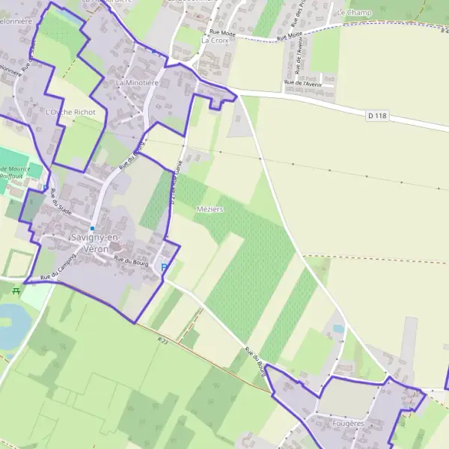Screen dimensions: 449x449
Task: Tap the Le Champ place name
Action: [x=355, y=13]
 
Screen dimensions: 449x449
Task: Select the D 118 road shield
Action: [x=377, y=115]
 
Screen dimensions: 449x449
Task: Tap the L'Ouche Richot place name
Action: [x=70, y=112]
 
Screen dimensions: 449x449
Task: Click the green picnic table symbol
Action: [x=16, y=290]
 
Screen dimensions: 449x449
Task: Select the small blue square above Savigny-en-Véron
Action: [x=92, y=227]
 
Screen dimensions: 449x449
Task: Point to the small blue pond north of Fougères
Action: [x=338, y=329]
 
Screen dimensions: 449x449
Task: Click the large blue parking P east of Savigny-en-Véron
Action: [x=165, y=266]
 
